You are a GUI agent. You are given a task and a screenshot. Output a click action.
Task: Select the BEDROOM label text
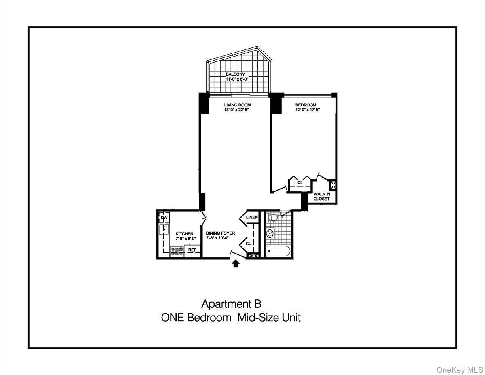[x=306, y=105]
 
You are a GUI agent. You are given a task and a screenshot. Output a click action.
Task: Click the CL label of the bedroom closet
[x=300, y=183]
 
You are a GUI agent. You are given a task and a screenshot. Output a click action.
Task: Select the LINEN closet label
[x=252, y=218]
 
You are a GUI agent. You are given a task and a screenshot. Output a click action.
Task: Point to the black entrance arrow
[x=236, y=264]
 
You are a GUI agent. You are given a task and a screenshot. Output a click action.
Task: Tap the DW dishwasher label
[x=164, y=218]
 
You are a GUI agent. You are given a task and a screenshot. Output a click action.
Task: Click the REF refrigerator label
[x=192, y=250]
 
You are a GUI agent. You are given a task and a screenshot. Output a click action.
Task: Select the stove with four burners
[x=177, y=251]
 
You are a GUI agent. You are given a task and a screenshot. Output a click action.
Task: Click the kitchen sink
[x=164, y=230]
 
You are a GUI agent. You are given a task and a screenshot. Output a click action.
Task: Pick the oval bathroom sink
[x=270, y=233]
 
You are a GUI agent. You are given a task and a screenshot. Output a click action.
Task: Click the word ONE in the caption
[x=173, y=318]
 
